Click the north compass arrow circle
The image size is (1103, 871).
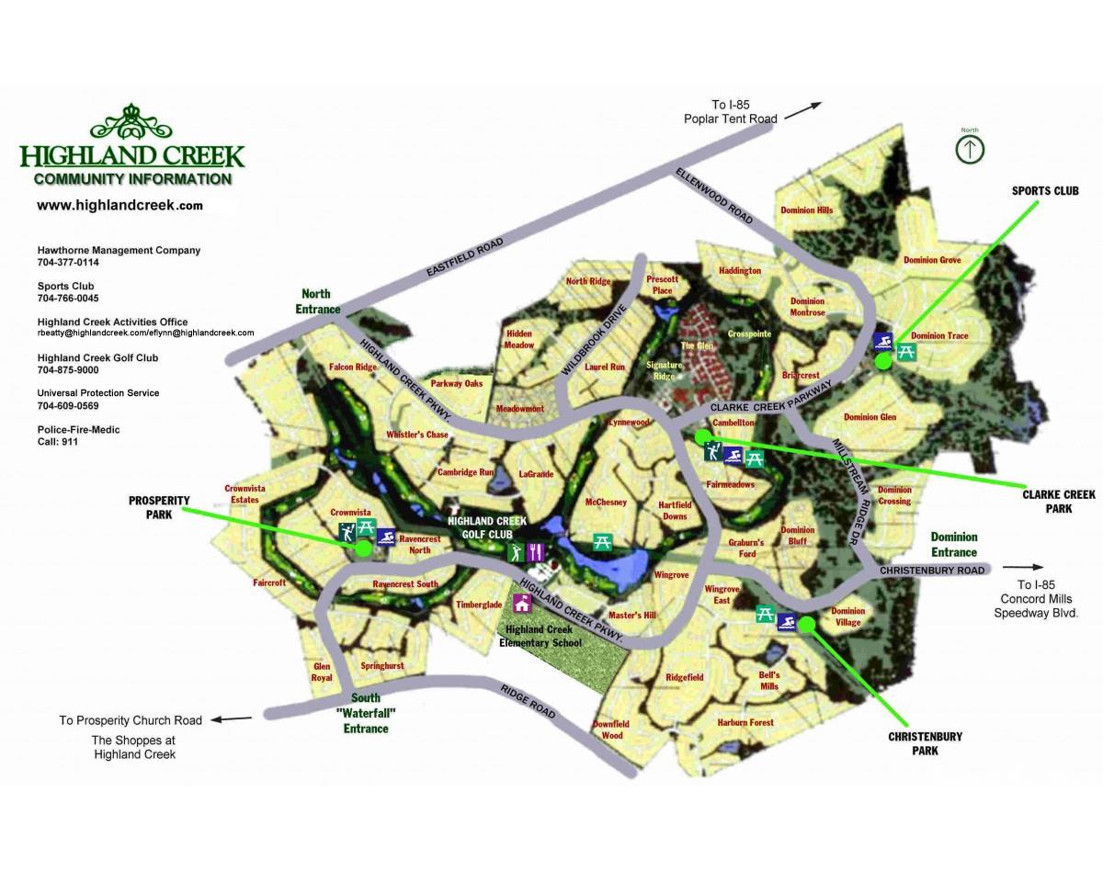[x=970, y=149]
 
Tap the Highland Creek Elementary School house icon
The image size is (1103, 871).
[x=523, y=604]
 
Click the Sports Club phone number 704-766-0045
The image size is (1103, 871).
[x=68, y=299]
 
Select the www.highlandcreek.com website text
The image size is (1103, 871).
[x=119, y=206]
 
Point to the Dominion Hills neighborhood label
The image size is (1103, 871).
[x=806, y=210]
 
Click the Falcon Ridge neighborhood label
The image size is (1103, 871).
[x=353, y=368]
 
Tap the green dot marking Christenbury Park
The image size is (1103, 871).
[x=807, y=625]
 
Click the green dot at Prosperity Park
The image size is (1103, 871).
[x=362, y=549]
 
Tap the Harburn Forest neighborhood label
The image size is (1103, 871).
[x=745, y=723]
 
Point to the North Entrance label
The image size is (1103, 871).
[x=318, y=301]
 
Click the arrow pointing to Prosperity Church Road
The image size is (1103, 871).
[x=236, y=719]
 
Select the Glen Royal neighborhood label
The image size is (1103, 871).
[x=322, y=672]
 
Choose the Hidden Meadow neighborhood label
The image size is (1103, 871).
[x=518, y=339]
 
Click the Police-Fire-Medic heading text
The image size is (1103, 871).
[x=78, y=430]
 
